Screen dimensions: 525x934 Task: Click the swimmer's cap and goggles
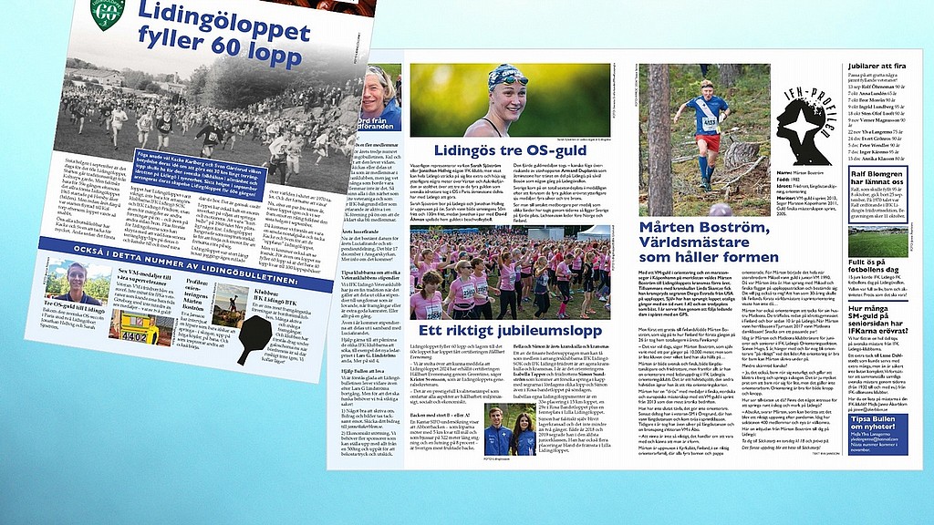coord(507,78)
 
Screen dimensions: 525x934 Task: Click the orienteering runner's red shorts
coord(706,142)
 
